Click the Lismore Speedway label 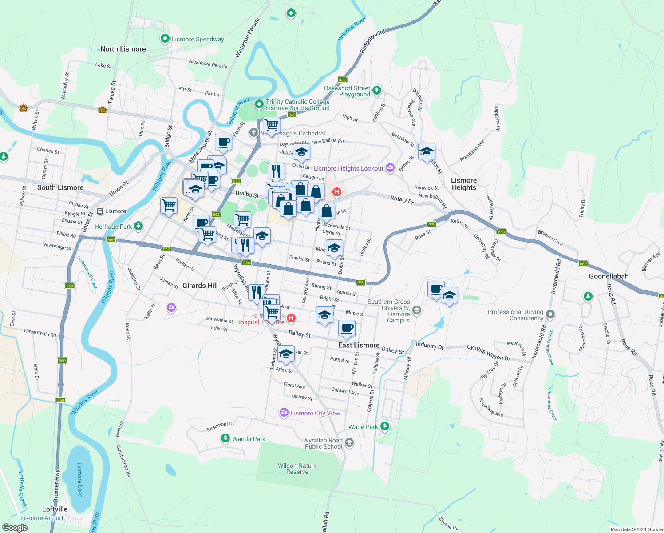point(198,39)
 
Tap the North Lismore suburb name point(123,49)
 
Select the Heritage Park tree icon point(138,226)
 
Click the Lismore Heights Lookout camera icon point(390,167)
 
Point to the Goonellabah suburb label point(609,276)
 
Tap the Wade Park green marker point(385,426)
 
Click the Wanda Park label point(248,439)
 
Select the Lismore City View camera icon point(284,413)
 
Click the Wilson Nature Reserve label point(297,469)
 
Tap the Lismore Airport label point(42,518)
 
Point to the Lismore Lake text point(79,480)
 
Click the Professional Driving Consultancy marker point(550,314)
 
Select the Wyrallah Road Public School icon point(349,442)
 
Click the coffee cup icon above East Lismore point(347,328)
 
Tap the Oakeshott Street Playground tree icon point(377,91)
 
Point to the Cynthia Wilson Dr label point(488,353)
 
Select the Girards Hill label point(200,286)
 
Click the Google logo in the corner point(15,528)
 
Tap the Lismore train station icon point(100,211)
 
